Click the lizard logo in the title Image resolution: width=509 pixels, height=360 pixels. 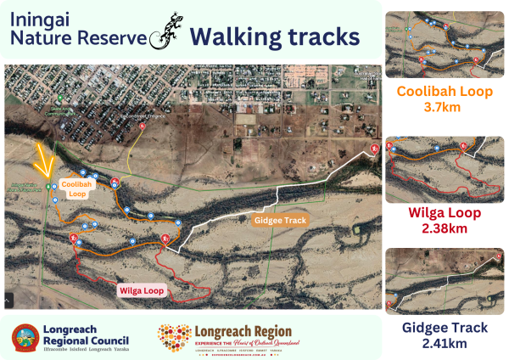click(165, 32)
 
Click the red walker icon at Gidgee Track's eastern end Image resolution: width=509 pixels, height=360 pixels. click(374, 150)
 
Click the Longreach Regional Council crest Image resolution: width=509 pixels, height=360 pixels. click(24, 338)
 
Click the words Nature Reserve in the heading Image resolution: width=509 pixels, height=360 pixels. click(77, 37)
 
